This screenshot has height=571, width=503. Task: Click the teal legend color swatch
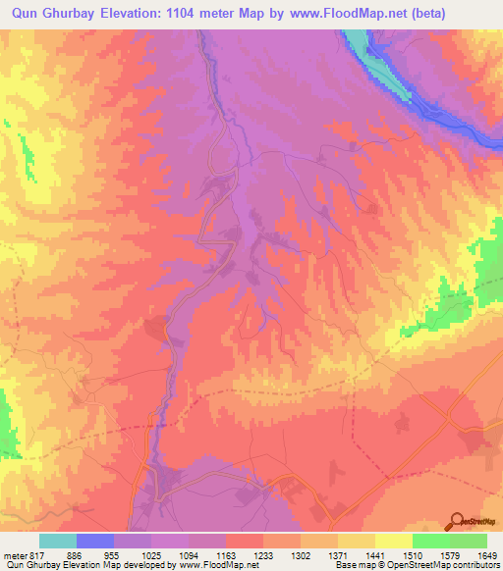point(58,541)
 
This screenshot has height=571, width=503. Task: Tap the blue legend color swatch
point(95,541)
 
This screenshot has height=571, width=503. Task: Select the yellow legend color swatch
point(393,541)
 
